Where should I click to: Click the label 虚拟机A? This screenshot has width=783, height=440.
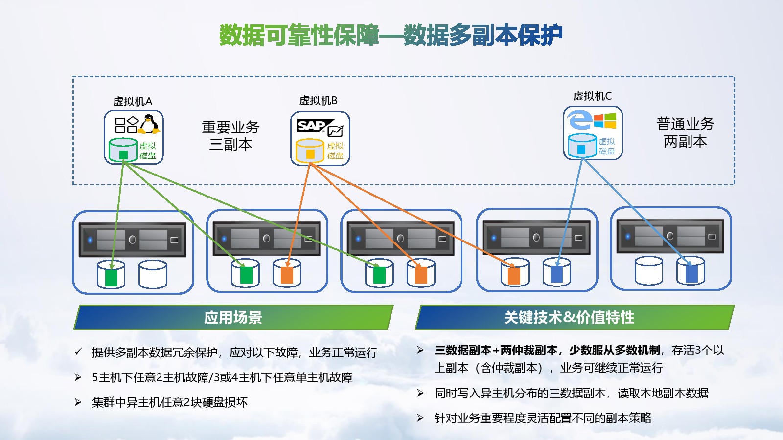click(x=133, y=101)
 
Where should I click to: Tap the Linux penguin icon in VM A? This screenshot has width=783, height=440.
click(x=149, y=124)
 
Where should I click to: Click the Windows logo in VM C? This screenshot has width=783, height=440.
click(x=605, y=120)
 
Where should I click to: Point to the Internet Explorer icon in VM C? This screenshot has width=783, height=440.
click(x=579, y=120)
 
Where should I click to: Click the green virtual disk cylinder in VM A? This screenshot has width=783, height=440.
click(x=123, y=150)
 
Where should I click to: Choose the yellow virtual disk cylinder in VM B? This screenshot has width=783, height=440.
click(x=310, y=151)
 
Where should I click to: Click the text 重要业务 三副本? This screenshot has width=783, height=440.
click(x=230, y=135)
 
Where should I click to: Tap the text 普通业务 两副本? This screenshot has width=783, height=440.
click(x=685, y=132)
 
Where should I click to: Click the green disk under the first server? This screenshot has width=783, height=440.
click(x=111, y=275)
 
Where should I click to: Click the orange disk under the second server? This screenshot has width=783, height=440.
click(x=287, y=273)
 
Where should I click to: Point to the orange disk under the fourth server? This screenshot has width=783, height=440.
click(x=514, y=273)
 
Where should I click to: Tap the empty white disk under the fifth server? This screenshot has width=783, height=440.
click(x=648, y=271)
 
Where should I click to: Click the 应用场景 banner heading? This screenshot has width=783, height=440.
click(x=233, y=318)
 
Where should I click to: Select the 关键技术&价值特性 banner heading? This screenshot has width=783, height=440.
click(x=569, y=318)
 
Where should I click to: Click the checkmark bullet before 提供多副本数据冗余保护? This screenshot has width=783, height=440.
click(x=78, y=352)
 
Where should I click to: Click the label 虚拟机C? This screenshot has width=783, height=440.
click(x=592, y=96)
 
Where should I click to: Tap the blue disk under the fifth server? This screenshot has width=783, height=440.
click(x=691, y=272)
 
